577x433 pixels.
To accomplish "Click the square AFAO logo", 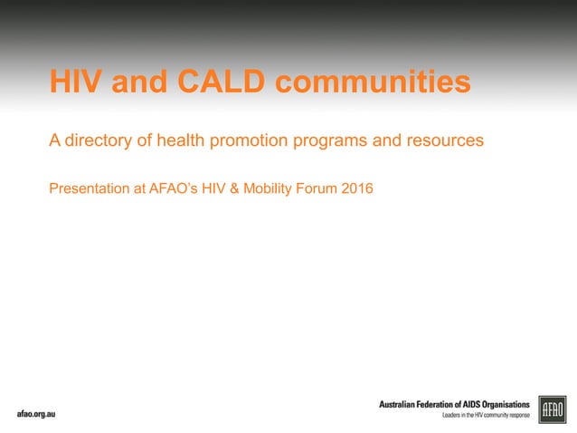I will (x=552, y=409).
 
